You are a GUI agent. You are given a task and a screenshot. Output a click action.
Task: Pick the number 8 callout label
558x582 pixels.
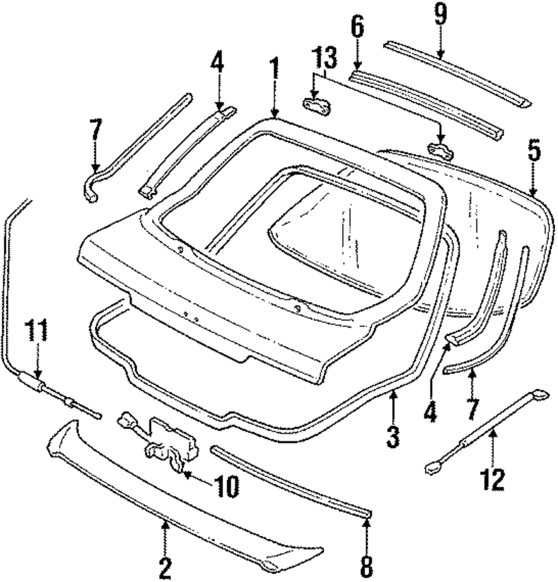366,566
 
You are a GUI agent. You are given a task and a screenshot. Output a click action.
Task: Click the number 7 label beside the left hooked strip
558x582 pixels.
95,132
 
